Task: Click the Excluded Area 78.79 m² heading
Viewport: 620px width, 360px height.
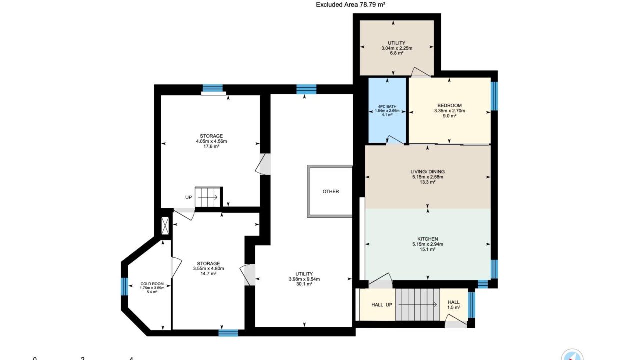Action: (x=350, y=4)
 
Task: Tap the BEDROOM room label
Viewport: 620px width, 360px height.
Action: (x=450, y=105)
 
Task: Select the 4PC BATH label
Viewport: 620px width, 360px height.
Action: (x=387, y=107)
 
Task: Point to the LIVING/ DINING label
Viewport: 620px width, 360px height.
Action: (x=428, y=172)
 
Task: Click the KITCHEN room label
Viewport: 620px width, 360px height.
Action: (x=428, y=239)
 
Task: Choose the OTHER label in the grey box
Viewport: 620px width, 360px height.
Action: (x=331, y=192)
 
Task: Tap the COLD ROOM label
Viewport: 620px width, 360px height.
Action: (x=152, y=284)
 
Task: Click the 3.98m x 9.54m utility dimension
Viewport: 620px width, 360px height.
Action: (x=304, y=279)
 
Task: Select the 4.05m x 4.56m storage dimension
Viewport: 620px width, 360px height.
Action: (x=211, y=141)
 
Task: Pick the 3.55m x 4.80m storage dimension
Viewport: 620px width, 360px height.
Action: (x=208, y=268)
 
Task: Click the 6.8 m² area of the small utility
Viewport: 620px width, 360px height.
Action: (x=397, y=53)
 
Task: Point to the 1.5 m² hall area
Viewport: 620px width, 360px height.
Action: (x=454, y=307)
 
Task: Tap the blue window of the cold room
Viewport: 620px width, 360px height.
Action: (x=125, y=286)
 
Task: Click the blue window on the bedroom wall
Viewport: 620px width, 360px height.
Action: (x=494, y=96)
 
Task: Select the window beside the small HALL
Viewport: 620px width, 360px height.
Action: (x=471, y=305)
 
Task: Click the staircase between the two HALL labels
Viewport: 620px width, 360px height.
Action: (x=417, y=305)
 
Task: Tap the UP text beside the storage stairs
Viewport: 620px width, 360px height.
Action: (x=189, y=198)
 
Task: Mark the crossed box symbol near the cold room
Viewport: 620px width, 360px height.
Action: (x=165, y=226)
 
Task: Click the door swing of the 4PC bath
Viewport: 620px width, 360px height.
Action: (x=395, y=140)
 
